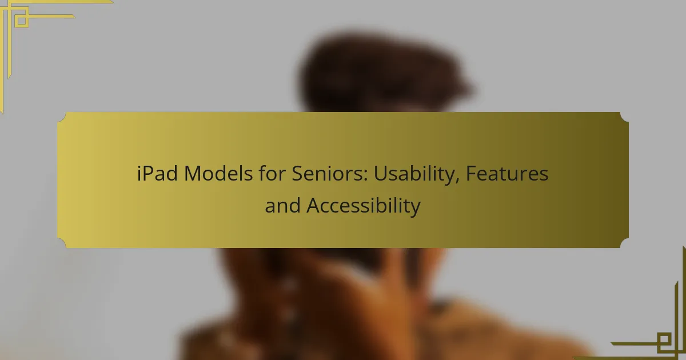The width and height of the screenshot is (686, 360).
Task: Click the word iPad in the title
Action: click(x=157, y=174)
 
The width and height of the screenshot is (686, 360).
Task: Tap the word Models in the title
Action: click(x=218, y=174)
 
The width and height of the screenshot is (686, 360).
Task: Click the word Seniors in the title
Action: click(x=329, y=174)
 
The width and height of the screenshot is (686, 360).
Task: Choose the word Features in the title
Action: click(x=507, y=174)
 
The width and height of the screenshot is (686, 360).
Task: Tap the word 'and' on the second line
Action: click(x=282, y=205)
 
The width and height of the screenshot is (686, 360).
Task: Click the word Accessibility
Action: click(x=364, y=206)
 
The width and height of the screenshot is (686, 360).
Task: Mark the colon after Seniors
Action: click(x=365, y=177)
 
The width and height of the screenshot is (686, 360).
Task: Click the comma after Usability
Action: click(x=457, y=181)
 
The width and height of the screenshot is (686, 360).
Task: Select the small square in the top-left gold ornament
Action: click(x=22, y=21)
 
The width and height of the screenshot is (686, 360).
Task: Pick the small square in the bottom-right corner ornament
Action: click(x=664, y=339)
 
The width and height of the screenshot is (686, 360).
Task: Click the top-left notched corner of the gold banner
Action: click(x=62, y=117)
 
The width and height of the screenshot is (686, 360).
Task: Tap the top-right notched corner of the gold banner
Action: click(x=624, y=117)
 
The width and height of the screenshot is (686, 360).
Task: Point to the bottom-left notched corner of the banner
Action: click(x=62, y=243)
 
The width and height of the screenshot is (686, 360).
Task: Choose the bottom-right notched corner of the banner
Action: click(x=624, y=243)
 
